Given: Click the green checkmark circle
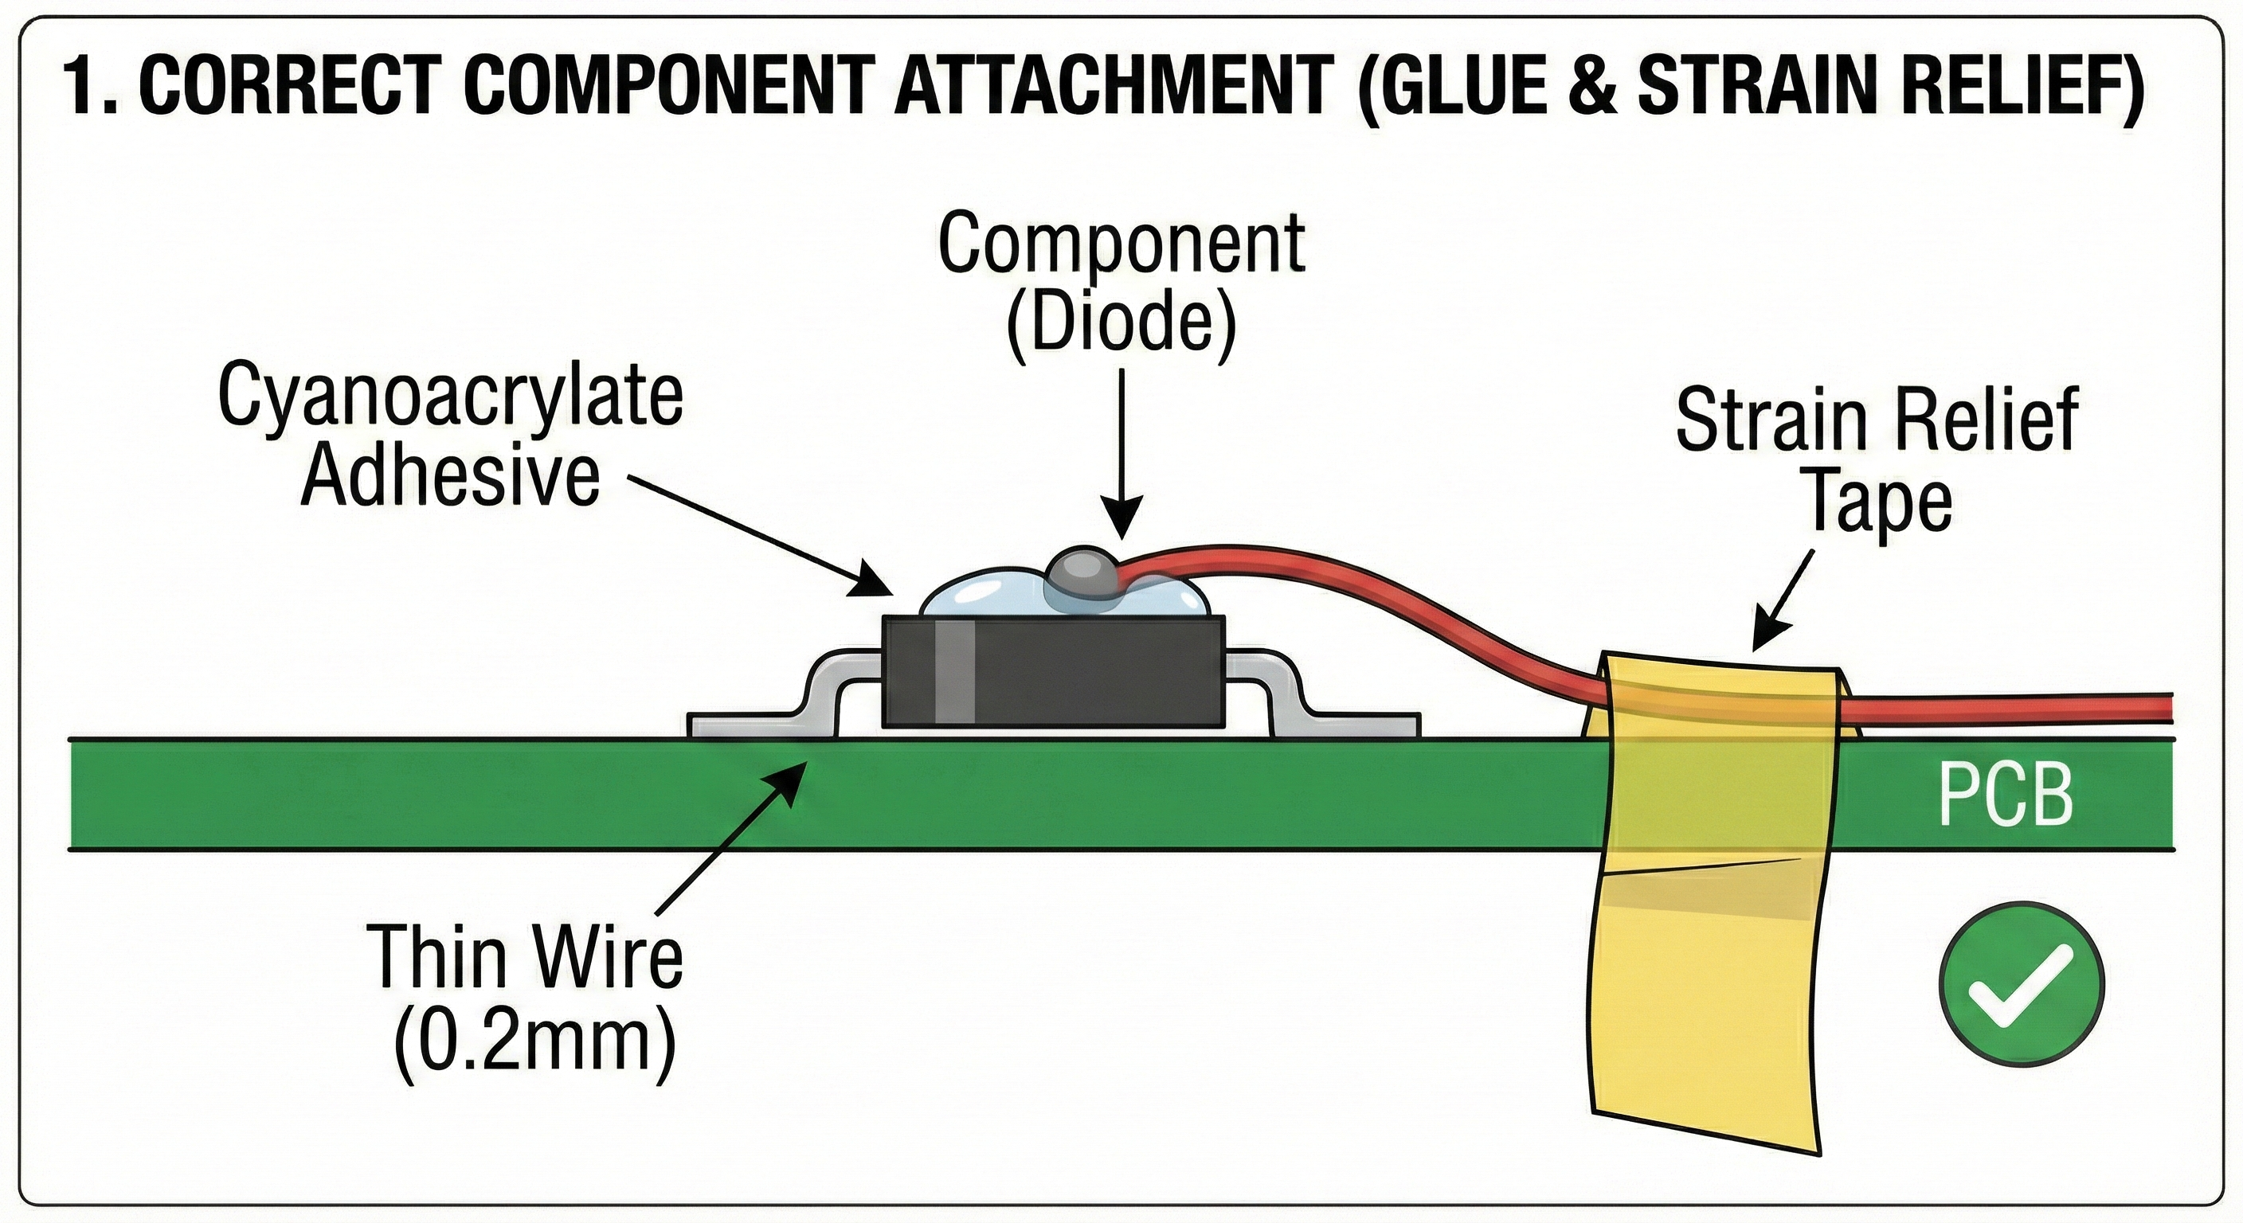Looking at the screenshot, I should point(2020,981).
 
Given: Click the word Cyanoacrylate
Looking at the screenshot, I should point(450,398).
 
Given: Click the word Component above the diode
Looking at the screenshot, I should point(1121,244).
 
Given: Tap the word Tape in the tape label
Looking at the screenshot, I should point(1879,502).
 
